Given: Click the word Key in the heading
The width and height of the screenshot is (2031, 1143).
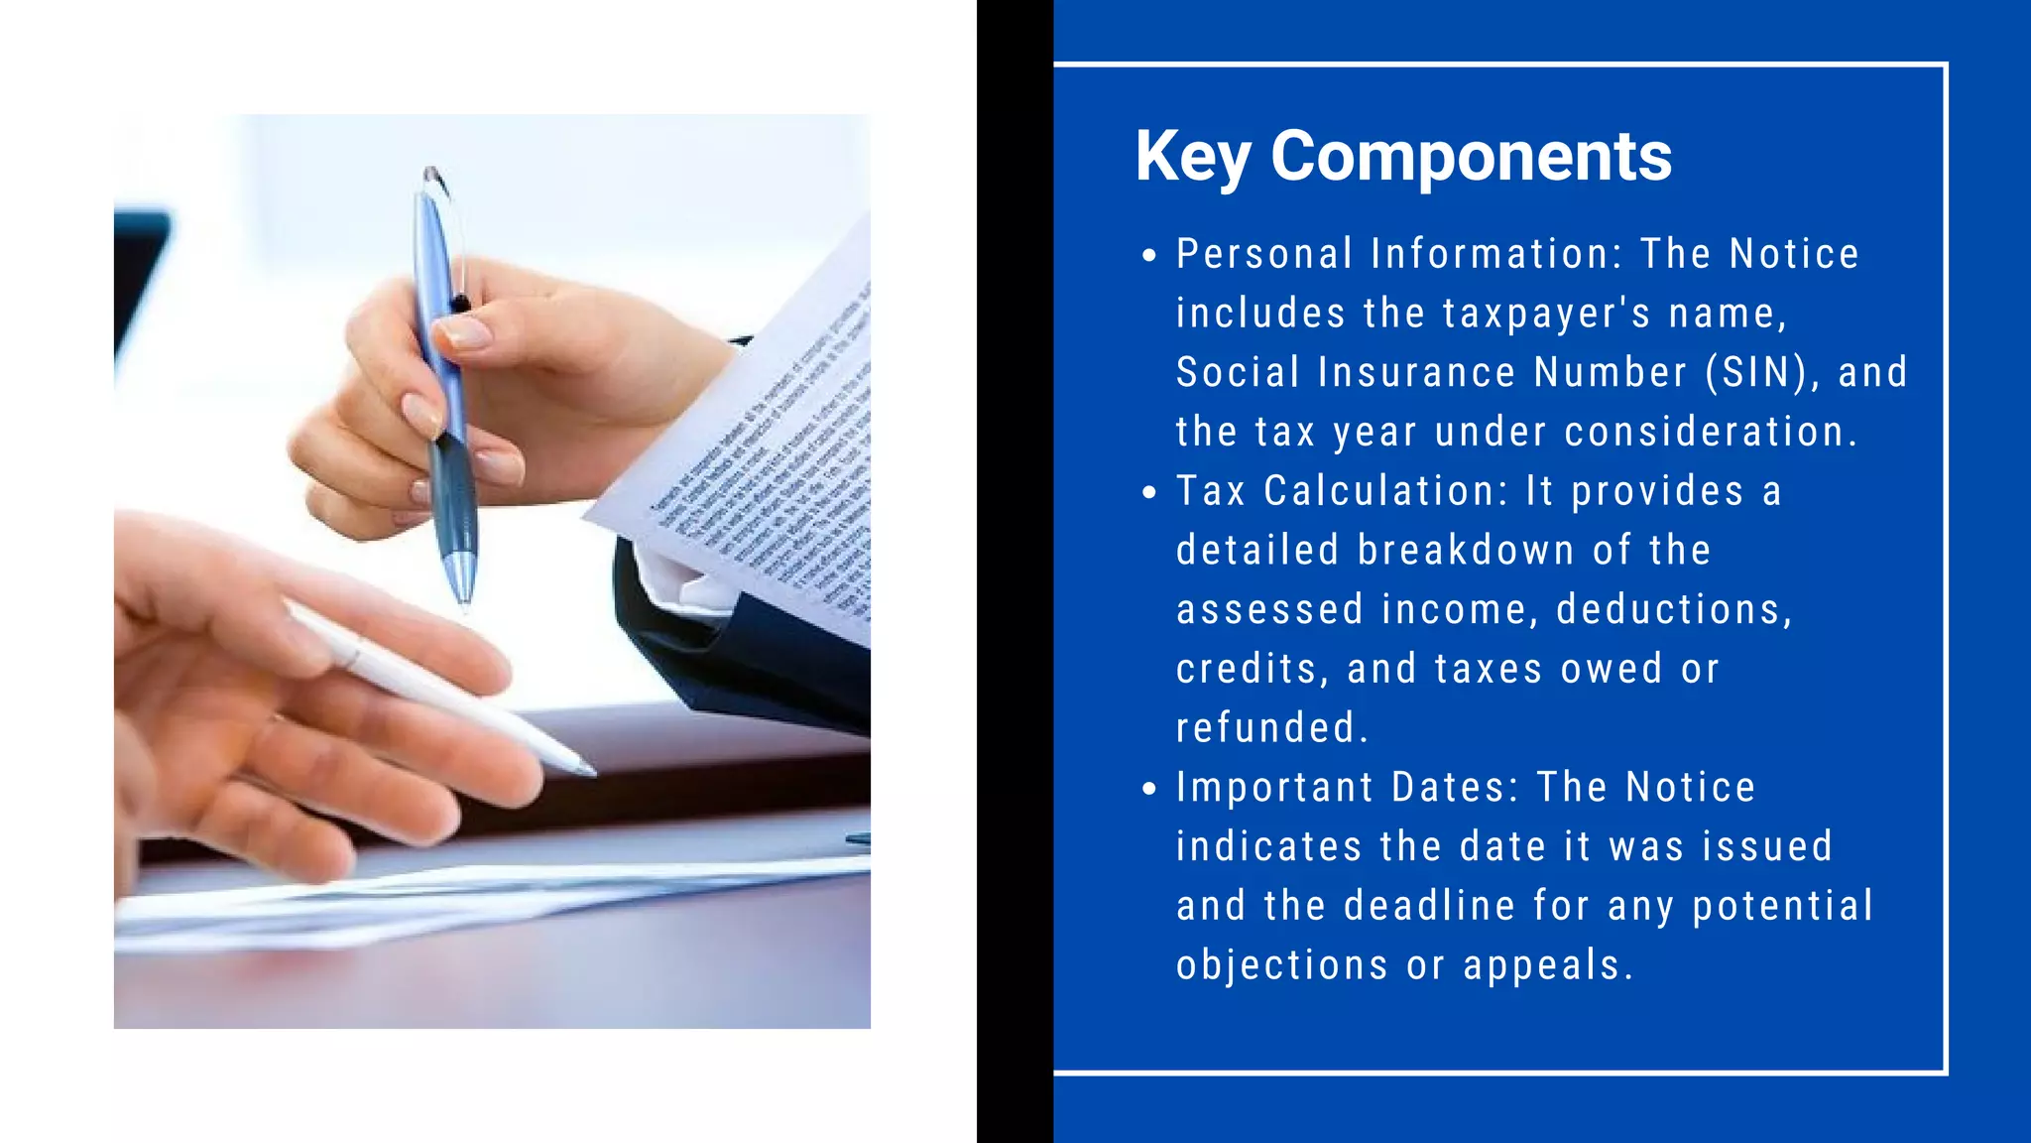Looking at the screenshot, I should pos(1192,157).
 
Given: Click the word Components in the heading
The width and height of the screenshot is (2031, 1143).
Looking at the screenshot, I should pos(1471,157).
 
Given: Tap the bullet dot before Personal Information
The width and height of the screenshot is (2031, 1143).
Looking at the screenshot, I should pos(1149,256).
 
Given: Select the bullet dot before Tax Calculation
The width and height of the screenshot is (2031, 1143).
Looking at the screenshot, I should pos(1149,493).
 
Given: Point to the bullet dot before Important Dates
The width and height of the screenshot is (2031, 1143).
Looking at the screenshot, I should pos(1149,790).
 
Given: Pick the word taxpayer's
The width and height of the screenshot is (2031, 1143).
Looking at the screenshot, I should pos(1546,315).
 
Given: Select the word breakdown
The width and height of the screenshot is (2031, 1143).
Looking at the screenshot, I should pos(1466,551).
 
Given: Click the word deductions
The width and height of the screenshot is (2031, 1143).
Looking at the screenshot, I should pos(1674,610).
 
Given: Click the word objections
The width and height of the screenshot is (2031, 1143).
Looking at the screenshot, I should pos(1281,965).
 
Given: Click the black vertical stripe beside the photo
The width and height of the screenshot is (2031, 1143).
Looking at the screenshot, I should pos(1015,571).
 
